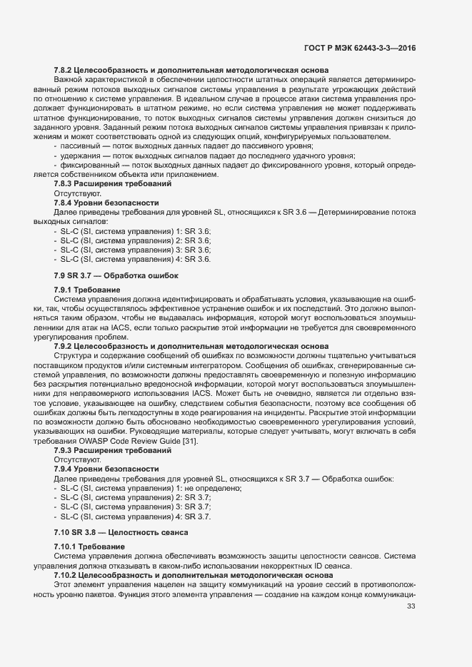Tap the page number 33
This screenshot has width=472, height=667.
click(411, 606)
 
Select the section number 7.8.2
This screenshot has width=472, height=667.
click(64, 69)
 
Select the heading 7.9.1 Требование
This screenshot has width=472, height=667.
click(86, 290)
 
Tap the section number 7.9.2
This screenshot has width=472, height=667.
click(64, 345)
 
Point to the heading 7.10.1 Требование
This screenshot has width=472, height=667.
click(89, 546)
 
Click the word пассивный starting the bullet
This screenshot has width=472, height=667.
click(80, 146)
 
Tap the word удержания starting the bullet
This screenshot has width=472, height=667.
click(81, 155)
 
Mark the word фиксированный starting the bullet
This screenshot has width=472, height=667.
click(86, 165)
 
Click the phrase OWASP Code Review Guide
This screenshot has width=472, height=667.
click(136, 442)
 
